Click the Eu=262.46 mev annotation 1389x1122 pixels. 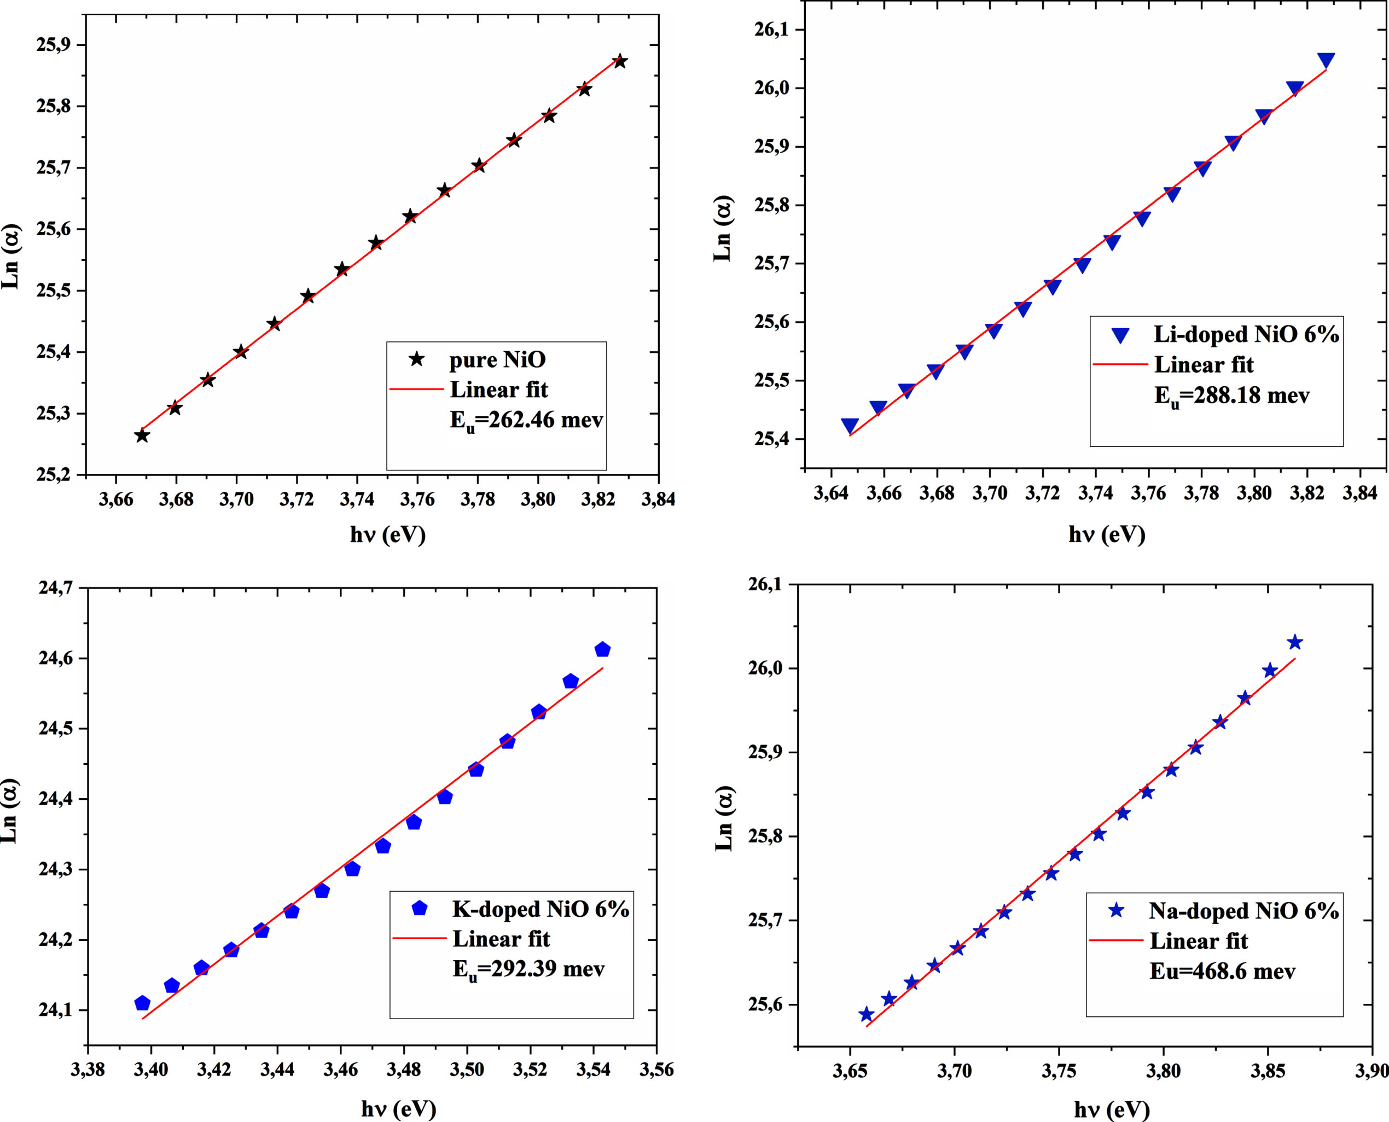(526, 421)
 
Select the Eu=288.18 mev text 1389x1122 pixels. (1232, 396)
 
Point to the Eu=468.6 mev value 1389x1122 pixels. (1222, 972)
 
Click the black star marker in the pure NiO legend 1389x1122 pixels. (417, 359)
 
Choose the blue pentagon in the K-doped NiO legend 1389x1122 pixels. (420, 908)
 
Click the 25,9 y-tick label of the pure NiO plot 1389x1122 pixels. (54, 45)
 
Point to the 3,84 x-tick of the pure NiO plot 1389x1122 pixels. (658, 499)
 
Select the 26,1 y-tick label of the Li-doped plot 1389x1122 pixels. (772, 30)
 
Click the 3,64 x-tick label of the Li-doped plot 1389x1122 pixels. (830, 493)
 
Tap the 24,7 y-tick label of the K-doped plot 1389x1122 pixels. (56, 588)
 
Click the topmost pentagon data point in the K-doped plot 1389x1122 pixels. (602, 649)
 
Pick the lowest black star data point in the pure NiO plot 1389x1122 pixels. (142, 435)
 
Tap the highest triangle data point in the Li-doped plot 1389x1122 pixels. (1326, 61)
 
